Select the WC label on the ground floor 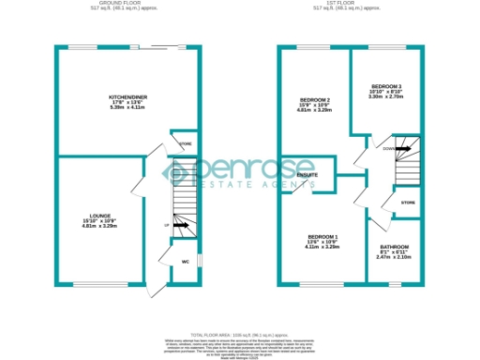[x=186, y=262]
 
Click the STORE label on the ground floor [x=186, y=143]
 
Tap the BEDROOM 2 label [x=315, y=99]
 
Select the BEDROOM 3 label [x=385, y=85]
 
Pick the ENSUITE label [x=307, y=175]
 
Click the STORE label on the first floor [x=407, y=202]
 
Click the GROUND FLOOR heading [x=127, y=5]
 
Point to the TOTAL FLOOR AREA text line [x=240, y=335]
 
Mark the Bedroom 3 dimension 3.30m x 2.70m [x=385, y=97]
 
